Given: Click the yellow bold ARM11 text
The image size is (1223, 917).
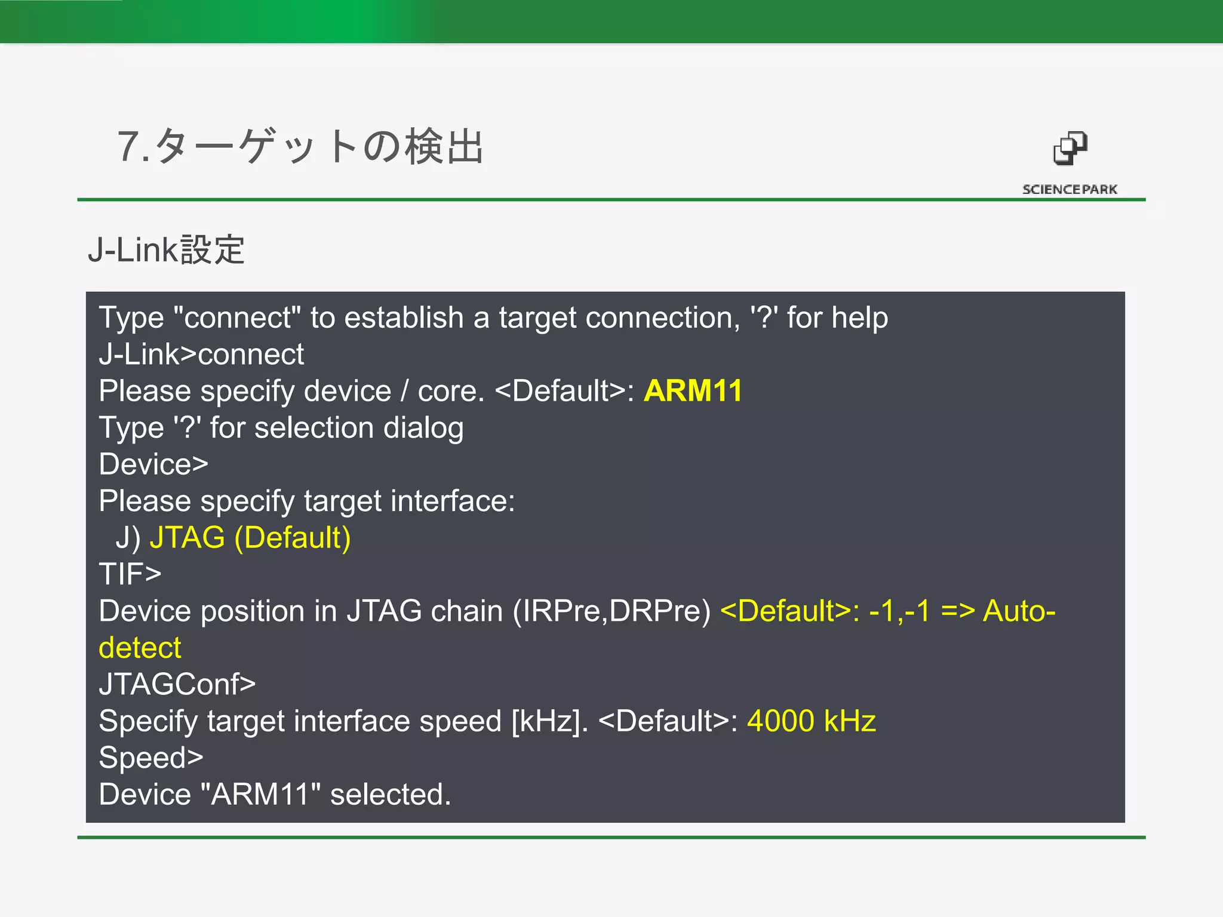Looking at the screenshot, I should click(693, 391).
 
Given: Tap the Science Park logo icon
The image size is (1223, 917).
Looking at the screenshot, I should click(1070, 149).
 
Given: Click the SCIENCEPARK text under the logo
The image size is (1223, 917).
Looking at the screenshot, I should click(1070, 189).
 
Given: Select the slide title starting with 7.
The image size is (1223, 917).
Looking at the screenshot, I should click(300, 146).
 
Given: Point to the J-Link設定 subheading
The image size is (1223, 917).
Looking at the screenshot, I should click(166, 250).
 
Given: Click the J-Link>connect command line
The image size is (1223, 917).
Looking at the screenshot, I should click(201, 354).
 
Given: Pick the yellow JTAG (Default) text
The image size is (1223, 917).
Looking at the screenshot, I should click(250, 537).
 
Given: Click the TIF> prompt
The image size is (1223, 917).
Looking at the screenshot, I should click(130, 574).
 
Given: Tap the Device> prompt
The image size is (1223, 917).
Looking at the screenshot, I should click(153, 464).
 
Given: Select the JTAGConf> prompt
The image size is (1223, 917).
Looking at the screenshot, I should click(177, 684).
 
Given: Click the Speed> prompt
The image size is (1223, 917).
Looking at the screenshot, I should click(151, 758).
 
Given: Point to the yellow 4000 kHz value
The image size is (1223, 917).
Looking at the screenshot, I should click(811, 721).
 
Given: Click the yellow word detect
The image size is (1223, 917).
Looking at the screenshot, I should click(140, 648).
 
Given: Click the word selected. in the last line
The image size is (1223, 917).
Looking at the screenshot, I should click(391, 795).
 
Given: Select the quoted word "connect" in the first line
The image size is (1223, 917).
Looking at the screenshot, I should click(237, 318).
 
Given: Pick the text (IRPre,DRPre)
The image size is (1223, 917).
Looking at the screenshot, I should click(611, 611).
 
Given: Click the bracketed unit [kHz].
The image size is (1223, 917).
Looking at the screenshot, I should click(549, 721).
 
